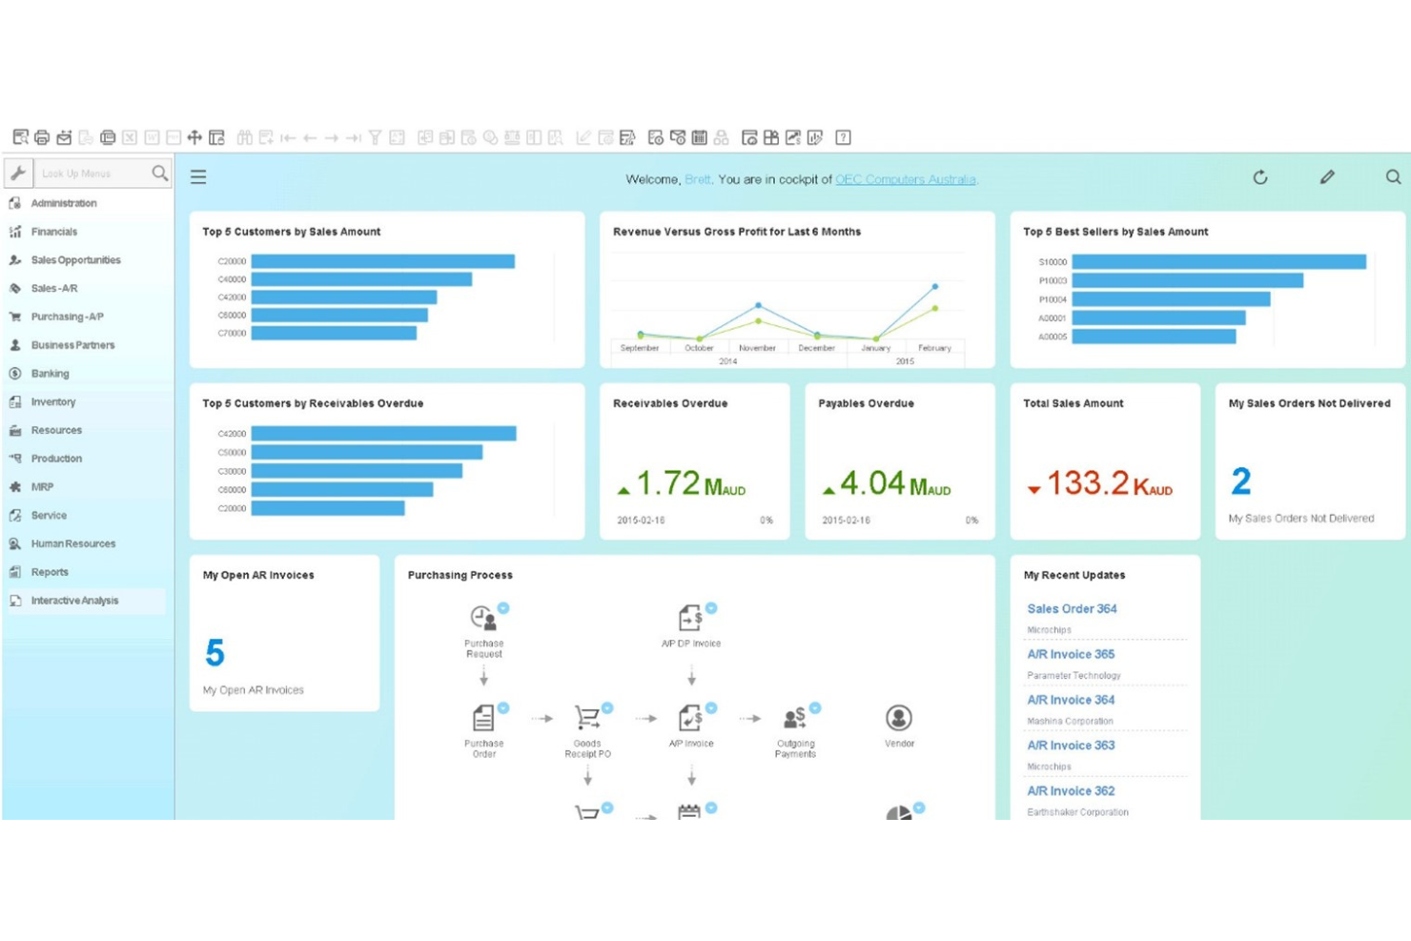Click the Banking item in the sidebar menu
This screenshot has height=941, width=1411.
(50, 374)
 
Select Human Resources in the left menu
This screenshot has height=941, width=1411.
(72, 543)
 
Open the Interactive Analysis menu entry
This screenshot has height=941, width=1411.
(74, 601)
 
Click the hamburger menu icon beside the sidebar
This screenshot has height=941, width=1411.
(198, 177)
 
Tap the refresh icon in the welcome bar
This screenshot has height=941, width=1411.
(1259, 177)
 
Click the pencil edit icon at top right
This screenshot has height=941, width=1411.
(1326, 177)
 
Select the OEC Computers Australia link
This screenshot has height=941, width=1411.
(905, 179)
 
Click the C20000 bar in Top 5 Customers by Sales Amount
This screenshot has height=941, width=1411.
(381, 261)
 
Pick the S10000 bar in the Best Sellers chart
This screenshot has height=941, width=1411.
(1217, 261)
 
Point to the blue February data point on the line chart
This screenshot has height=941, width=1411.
(934, 286)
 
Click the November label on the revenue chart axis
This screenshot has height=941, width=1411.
(757, 348)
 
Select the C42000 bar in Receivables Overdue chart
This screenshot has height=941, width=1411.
(382, 434)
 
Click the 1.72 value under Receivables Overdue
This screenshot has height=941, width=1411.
(667, 483)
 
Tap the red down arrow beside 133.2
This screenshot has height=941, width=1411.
(1033, 489)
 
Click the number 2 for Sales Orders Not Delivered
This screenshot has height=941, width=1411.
(1240, 481)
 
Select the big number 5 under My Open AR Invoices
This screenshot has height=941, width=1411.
(215, 653)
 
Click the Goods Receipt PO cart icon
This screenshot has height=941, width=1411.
(587, 718)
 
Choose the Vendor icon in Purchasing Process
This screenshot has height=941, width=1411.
(898, 718)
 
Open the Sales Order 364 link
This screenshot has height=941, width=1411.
(1072, 608)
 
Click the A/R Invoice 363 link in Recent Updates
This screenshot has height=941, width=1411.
(1071, 746)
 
